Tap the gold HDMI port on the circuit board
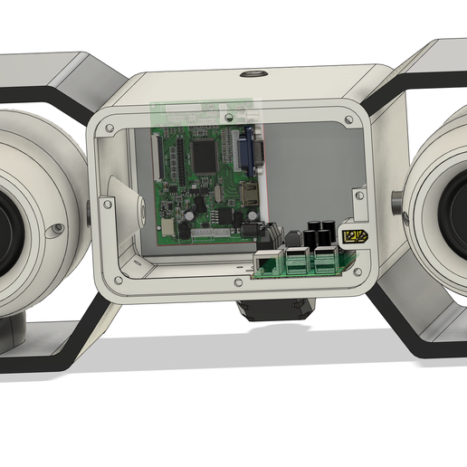click(x=246, y=192)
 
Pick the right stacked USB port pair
click(x=324, y=261)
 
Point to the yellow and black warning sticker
click(x=354, y=237)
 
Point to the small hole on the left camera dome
click(x=58, y=227)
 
